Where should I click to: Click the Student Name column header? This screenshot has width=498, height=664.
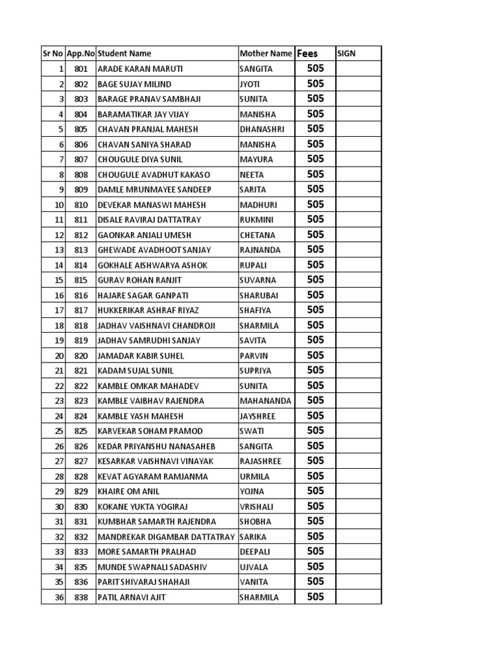click(x=124, y=54)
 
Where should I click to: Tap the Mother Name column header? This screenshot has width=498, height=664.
click(x=266, y=54)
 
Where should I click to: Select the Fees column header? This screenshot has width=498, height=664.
click(x=307, y=54)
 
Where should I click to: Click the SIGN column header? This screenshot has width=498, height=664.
click(x=346, y=54)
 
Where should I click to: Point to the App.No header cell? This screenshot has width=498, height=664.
click(x=80, y=54)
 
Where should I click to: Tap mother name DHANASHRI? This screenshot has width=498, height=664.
click(x=262, y=129)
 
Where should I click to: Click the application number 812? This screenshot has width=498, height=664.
click(x=80, y=235)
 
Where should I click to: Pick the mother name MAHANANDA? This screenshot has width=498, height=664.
click(x=266, y=401)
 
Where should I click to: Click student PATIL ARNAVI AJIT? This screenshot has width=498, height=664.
click(x=131, y=597)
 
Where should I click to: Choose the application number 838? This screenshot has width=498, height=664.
click(x=80, y=597)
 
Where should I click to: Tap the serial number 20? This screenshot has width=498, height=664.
click(x=59, y=355)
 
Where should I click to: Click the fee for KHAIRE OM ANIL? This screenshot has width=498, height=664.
click(x=315, y=491)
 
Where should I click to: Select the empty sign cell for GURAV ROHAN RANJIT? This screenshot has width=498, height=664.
click(x=358, y=280)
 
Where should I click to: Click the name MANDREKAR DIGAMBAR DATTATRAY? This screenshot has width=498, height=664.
click(x=167, y=537)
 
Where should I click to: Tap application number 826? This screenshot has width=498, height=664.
click(x=80, y=446)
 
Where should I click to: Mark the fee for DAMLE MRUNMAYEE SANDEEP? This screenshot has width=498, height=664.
click(x=315, y=189)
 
